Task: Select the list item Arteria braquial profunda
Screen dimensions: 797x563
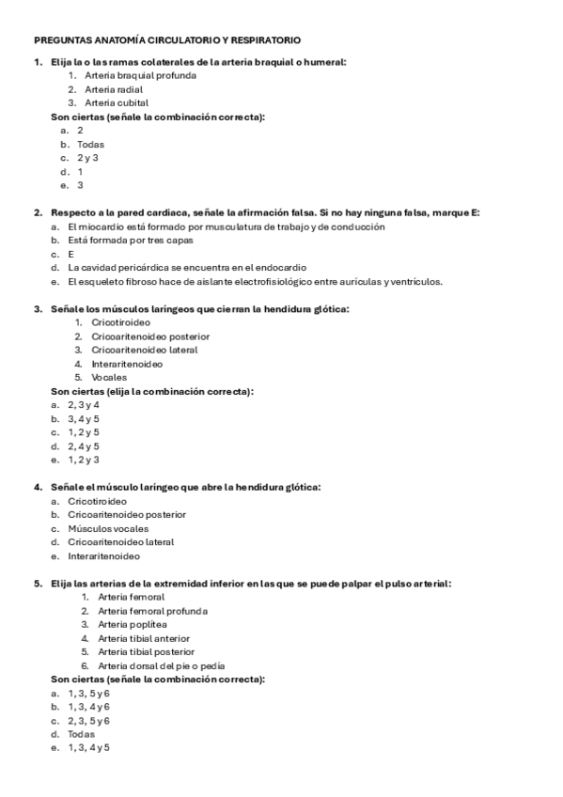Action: click(140, 75)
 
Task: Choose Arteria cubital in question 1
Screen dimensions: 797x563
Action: click(117, 102)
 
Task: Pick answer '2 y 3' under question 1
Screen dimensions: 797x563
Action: click(88, 158)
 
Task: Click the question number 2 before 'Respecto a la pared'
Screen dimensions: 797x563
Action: click(37, 212)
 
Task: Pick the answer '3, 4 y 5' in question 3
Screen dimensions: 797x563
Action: click(83, 418)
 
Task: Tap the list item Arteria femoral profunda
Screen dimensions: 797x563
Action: click(152, 611)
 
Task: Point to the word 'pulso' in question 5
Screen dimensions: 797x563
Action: click(388, 584)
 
